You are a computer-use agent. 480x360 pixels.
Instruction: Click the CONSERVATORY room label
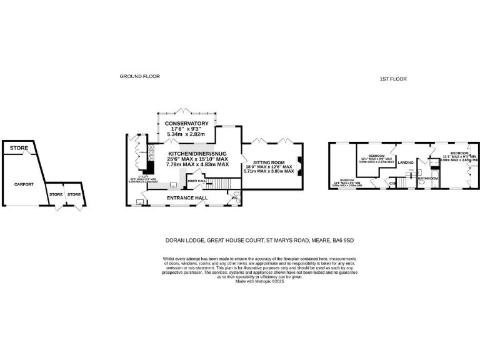(x=186, y=123)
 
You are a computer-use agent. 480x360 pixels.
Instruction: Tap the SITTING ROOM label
(x=269, y=161)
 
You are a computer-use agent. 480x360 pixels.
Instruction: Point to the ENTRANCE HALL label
(x=187, y=198)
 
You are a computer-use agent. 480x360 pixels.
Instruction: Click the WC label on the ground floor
(x=234, y=198)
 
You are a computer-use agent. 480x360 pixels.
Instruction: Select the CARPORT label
(x=24, y=184)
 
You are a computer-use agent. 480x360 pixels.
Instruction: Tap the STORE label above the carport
(x=19, y=148)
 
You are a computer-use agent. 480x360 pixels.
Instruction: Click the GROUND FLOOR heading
(x=140, y=76)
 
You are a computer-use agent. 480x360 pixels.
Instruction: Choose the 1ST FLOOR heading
(x=393, y=79)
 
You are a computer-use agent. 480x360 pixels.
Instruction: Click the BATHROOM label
(x=428, y=178)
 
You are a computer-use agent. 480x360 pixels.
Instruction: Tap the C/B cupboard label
(x=392, y=183)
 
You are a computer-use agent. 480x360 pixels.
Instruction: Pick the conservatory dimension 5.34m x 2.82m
(x=186, y=134)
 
